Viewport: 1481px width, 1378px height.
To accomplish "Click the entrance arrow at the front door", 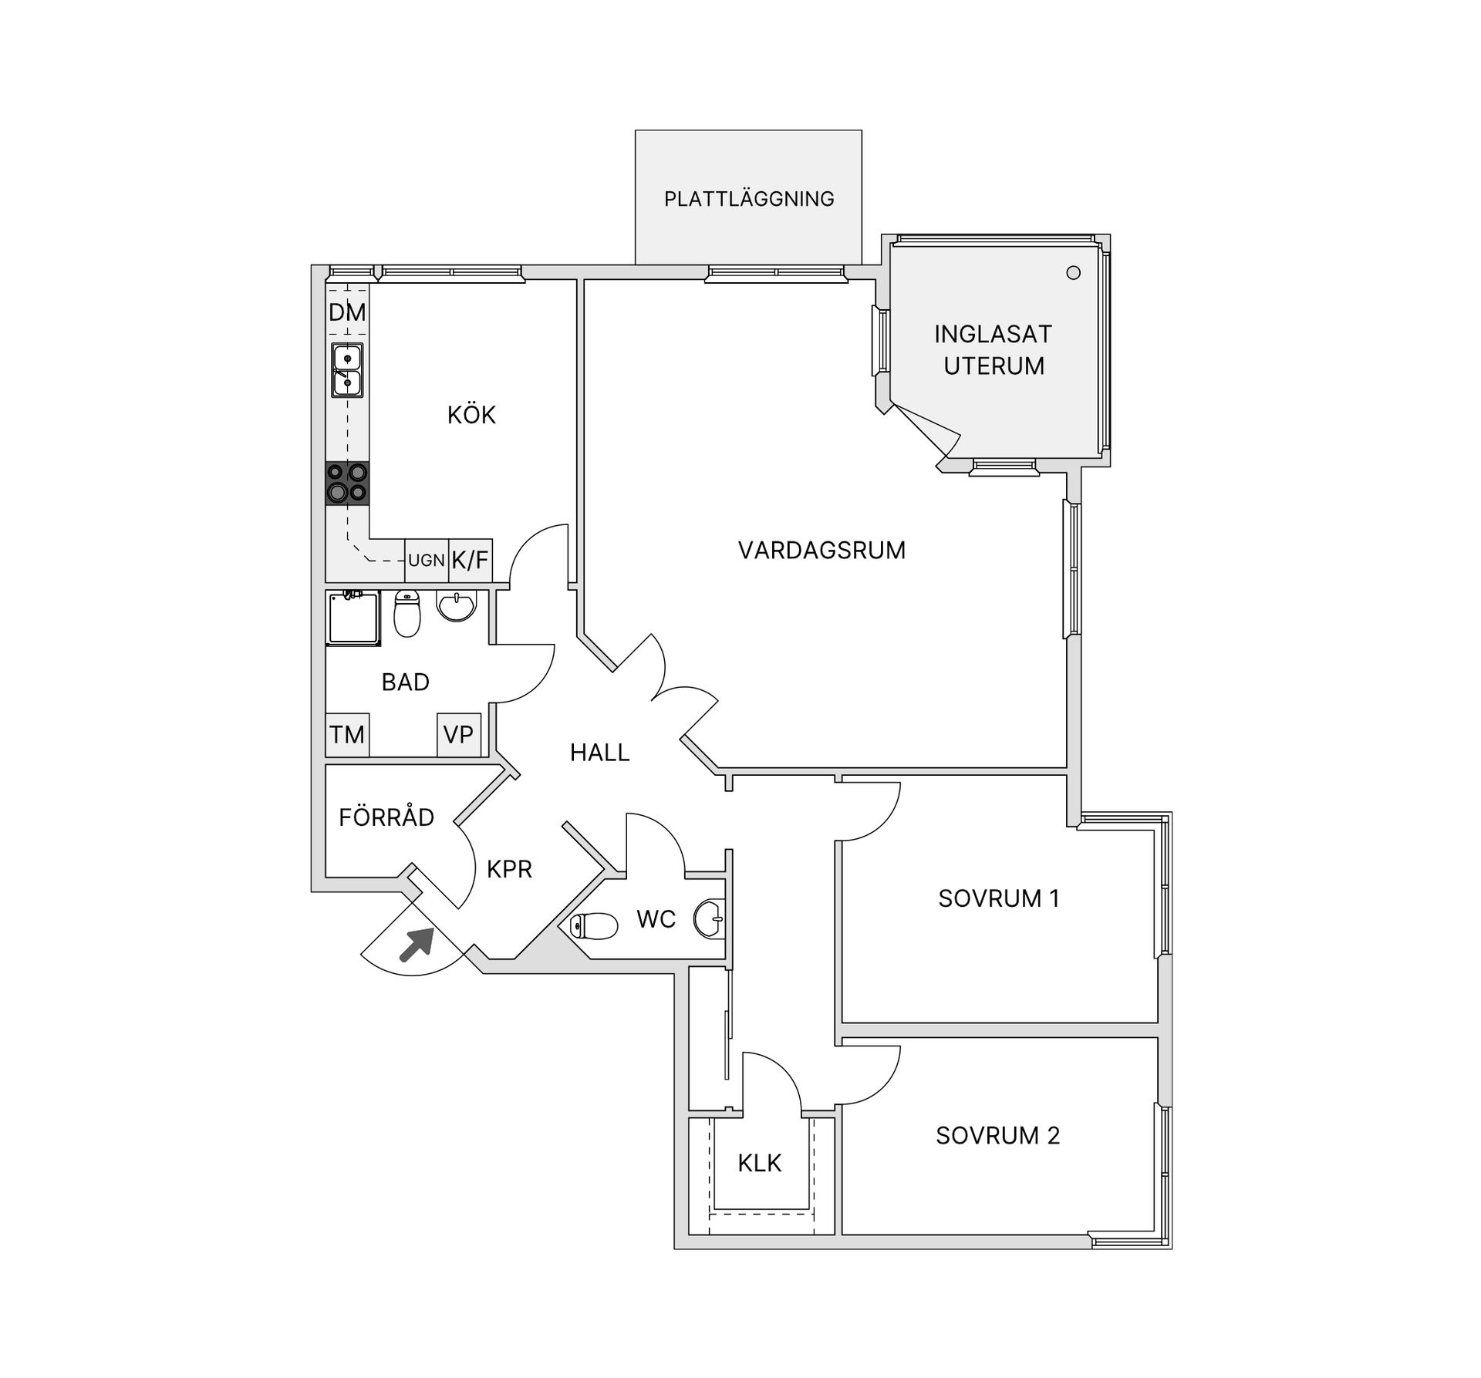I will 417,945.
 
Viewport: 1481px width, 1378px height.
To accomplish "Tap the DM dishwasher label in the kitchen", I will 347,312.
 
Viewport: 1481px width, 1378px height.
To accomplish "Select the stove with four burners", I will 347,483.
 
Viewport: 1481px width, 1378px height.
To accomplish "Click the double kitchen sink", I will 347,370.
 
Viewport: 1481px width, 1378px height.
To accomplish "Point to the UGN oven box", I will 427,561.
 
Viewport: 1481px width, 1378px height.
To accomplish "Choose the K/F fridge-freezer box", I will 471,561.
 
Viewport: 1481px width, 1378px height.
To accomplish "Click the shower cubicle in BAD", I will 353,618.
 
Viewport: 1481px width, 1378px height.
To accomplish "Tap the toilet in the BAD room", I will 407,614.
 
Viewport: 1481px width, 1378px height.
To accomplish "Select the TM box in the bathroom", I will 347,734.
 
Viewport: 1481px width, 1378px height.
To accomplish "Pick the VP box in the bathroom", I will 459,734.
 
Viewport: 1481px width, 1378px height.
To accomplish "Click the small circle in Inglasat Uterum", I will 1073,272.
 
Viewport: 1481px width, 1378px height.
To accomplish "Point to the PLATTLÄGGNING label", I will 749,199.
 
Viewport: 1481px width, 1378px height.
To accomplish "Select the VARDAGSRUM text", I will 821,551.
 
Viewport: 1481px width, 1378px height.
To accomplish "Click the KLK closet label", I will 760,1163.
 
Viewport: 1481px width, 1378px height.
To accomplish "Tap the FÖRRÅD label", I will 386,817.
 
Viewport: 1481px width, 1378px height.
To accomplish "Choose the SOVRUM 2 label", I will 997,1135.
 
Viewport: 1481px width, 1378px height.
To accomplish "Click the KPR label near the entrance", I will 509,869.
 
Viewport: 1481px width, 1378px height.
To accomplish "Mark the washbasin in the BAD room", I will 457,606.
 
